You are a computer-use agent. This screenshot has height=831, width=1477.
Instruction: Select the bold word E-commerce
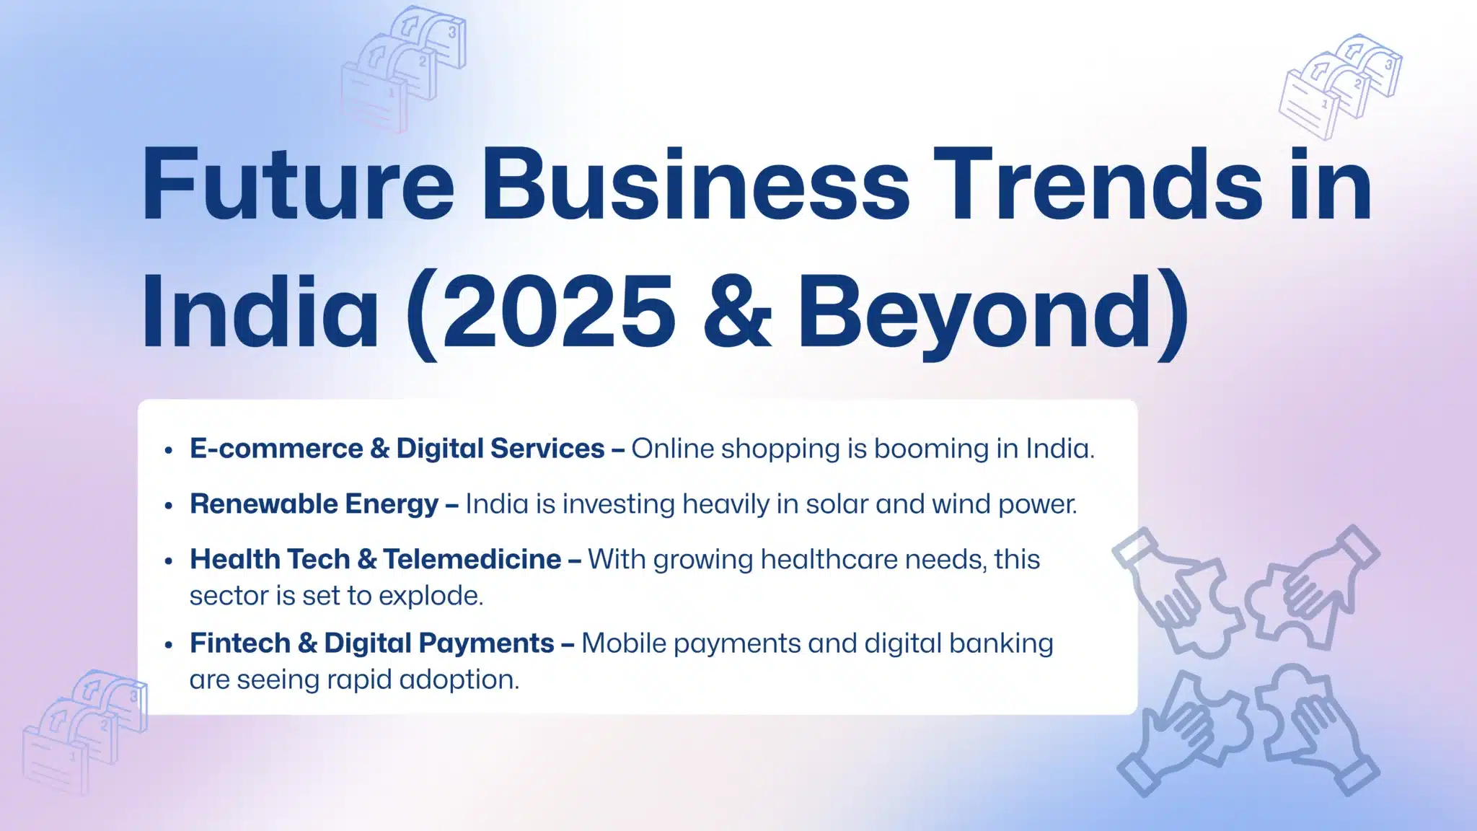coord(276,449)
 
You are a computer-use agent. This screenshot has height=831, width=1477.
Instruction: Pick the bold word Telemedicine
coord(472,559)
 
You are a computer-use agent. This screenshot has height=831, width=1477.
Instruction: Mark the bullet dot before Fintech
coord(169,644)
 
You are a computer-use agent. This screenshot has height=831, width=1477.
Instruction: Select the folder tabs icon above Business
coord(403,68)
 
